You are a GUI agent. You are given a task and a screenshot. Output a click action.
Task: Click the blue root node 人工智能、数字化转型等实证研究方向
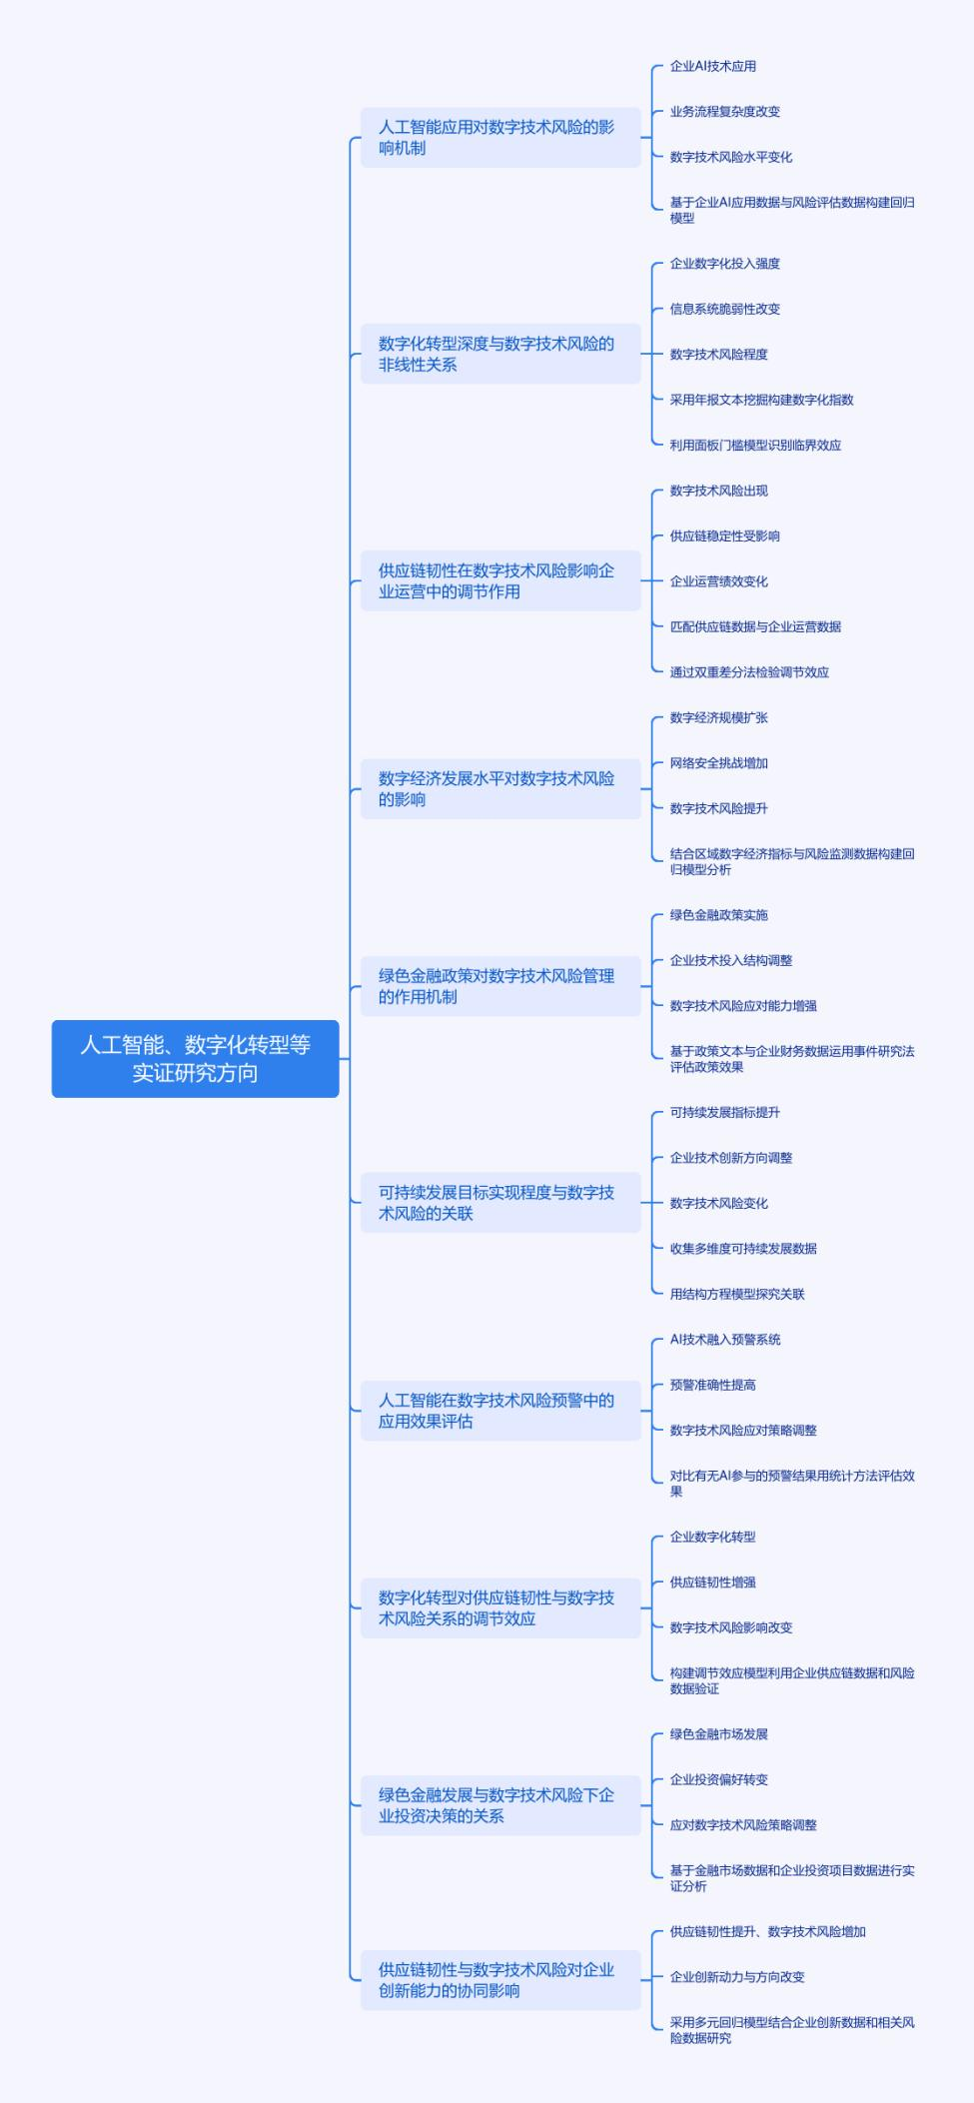[x=195, y=1058]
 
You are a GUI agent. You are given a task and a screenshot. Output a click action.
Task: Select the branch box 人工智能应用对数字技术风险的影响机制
[x=499, y=137]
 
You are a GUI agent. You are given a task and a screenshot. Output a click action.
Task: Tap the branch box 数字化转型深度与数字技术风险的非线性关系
[x=499, y=354]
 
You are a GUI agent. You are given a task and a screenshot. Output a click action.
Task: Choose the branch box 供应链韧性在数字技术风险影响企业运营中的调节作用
[x=499, y=580]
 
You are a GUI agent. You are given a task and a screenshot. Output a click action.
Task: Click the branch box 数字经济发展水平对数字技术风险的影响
[x=499, y=788]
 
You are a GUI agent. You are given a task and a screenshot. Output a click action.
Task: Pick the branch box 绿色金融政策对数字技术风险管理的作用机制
[x=499, y=986]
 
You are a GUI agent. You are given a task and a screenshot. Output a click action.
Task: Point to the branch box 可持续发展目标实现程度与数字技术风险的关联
[x=499, y=1202]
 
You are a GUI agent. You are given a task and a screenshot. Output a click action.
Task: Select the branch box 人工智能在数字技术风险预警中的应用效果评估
[x=499, y=1410]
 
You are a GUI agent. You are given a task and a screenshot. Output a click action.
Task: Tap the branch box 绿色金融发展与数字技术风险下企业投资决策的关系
[x=499, y=1804]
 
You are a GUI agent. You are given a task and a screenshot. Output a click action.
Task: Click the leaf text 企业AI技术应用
[x=712, y=66]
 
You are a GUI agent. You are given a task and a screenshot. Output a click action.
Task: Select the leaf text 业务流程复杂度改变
[x=724, y=111]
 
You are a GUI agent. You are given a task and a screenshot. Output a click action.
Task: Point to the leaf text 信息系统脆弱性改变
[x=724, y=309]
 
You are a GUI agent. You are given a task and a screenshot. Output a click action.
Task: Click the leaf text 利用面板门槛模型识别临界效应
[x=755, y=445]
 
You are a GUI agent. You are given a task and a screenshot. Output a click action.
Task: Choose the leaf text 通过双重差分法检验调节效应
[x=749, y=671]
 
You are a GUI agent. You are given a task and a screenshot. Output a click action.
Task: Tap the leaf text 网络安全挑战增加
[x=718, y=762]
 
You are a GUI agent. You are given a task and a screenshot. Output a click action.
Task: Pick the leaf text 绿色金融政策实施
[x=718, y=914]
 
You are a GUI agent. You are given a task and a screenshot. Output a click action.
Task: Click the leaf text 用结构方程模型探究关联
[x=736, y=1293]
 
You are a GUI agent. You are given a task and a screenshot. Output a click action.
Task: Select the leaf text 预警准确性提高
[x=712, y=1384]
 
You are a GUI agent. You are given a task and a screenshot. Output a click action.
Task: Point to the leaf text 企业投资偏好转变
[x=718, y=1778]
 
